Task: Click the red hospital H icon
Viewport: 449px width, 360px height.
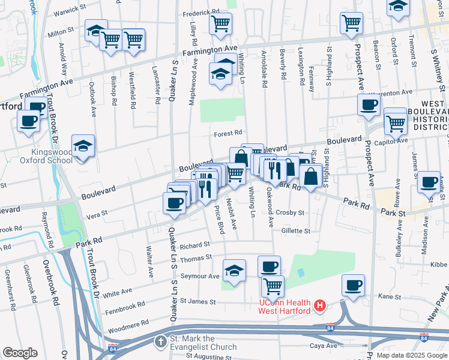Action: (320, 306)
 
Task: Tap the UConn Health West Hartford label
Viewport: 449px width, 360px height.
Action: (283, 306)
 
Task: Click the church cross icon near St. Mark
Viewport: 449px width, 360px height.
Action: (161, 341)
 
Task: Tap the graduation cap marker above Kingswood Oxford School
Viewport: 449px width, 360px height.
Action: (83, 146)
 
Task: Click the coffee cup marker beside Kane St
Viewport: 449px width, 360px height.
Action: (354, 285)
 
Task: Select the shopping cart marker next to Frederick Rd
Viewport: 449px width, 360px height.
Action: (220, 24)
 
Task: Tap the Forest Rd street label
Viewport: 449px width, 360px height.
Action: (229, 133)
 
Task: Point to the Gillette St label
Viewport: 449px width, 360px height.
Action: (295, 230)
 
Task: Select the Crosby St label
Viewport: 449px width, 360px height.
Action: (291, 213)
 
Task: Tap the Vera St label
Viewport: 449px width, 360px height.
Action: (95, 213)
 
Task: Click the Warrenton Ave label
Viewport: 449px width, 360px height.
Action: (390, 92)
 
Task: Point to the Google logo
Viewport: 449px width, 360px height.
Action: (20, 352)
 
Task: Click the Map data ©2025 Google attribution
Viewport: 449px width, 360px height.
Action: (411, 355)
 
